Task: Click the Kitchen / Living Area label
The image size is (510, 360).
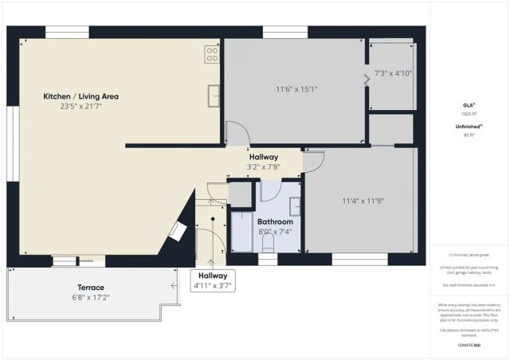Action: (x=80, y=96)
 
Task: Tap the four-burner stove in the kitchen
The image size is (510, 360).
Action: (x=213, y=54)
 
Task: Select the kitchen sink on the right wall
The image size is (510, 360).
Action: (x=214, y=95)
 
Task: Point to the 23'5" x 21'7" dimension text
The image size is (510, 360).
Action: (x=80, y=107)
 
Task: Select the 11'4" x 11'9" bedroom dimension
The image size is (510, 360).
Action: (x=363, y=202)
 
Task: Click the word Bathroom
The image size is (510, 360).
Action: (x=275, y=221)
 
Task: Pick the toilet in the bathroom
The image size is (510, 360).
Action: (x=269, y=241)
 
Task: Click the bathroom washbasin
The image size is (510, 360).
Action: (x=294, y=205)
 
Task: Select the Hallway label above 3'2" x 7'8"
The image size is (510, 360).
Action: (x=263, y=158)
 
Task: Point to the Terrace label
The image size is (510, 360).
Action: (x=91, y=288)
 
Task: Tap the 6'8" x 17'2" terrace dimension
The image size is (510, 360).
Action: (x=91, y=297)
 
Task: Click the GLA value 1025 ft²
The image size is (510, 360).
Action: (x=468, y=114)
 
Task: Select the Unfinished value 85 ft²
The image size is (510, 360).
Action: (x=468, y=135)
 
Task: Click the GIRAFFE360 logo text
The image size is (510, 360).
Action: (x=469, y=345)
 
